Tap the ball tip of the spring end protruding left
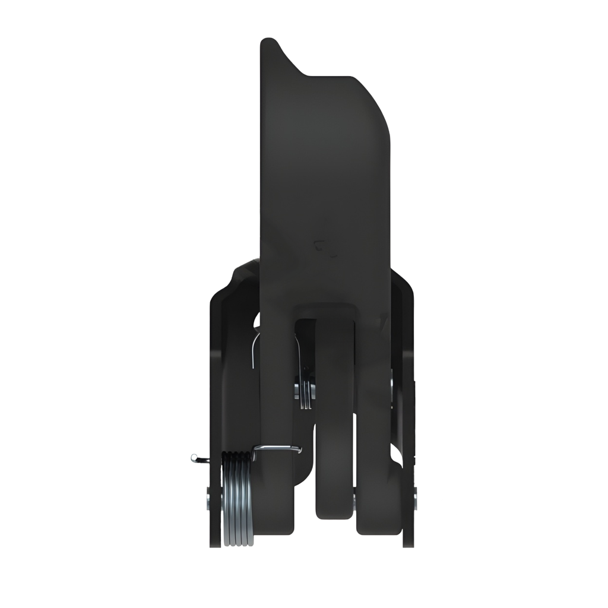[194, 457]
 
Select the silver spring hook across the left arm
[277, 449]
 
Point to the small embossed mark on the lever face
[323, 246]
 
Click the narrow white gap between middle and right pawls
[355, 451]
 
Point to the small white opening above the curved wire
[256, 321]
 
